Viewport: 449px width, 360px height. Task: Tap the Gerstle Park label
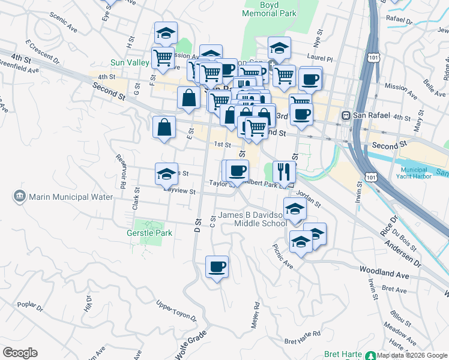(149, 233)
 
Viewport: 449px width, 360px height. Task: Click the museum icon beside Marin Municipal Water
(19, 196)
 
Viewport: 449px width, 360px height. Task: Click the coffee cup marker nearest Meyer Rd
(217, 266)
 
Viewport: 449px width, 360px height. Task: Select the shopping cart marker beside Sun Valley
(163, 58)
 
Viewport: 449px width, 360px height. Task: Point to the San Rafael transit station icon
(346, 115)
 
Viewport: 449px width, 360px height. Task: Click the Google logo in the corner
(20, 352)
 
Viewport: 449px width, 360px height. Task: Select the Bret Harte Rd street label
(303, 337)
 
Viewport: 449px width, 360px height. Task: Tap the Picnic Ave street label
(282, 256)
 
